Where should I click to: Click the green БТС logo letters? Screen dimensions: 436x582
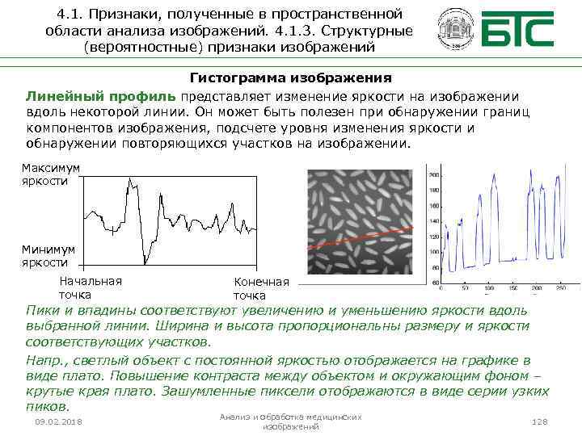tap(517, 30)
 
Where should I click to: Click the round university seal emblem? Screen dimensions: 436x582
tap(453, 30)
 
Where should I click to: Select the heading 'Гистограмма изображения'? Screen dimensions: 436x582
tap(290, 78)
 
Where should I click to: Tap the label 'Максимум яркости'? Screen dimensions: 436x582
tap(51, 174)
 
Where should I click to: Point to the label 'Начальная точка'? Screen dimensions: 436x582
tap(91, 287)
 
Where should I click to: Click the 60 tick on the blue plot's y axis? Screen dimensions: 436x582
tap(436, 283)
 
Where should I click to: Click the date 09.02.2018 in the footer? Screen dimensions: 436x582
tap(58, 422)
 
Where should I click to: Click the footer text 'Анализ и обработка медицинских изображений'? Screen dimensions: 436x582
tap(291, 421)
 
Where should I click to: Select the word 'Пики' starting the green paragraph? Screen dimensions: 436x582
tap(41, 310)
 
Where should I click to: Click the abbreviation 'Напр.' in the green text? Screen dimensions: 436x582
tap(44, 359)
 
